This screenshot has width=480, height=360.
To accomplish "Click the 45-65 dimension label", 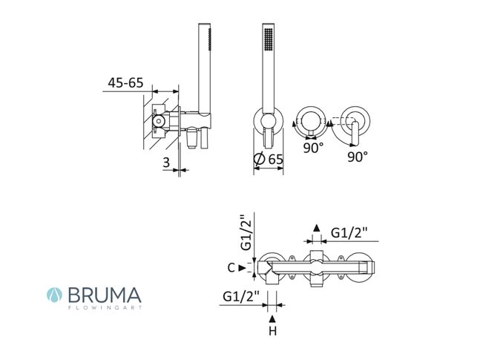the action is [x=125, y=82].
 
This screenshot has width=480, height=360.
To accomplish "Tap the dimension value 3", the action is [x=166, y=163].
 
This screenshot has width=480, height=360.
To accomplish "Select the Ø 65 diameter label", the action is [x=269, y=160].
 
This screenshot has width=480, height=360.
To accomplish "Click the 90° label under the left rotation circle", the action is [x=314, y=148].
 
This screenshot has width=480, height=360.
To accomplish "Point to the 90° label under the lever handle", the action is [x=358, y=157].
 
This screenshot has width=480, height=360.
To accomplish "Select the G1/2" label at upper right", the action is [x=349, y=234].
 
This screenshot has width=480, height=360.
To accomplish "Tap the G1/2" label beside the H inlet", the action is [x=241, y=297].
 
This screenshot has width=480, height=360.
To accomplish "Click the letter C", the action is [x=231, y=268].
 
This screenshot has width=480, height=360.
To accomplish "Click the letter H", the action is [x=272, y=331].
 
